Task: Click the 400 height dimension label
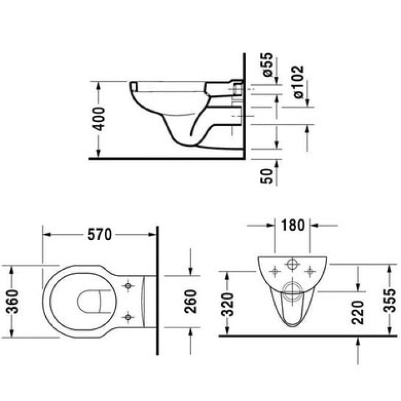(99, 119)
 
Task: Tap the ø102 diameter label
(298, 81)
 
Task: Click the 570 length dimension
(99, 235)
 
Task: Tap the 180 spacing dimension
(293, 225)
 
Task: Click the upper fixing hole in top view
(129, 285)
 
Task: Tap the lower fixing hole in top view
(129, 316)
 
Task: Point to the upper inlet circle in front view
(292, 265)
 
